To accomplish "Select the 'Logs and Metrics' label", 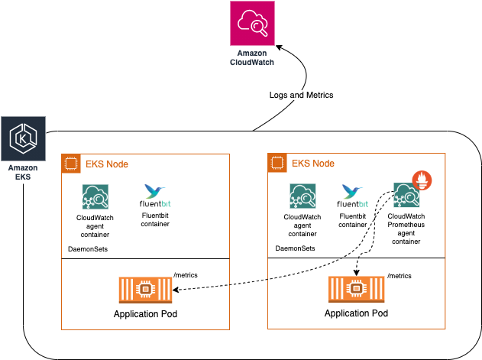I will [x=302, y=96].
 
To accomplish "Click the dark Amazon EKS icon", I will [x=23, y=139].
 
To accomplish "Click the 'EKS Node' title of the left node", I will [x=107, y=164].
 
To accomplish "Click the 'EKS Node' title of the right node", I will [x=313, y=164].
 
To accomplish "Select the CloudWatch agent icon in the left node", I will [x=95, y=196].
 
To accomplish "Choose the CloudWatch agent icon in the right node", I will [x=302, y=196].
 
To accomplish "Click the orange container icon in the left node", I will [x=144, y=291].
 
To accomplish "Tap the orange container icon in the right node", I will [x=355, y=291].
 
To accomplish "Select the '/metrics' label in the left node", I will [x=186, y=274].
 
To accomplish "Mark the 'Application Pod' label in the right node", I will [x=356, y=313].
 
